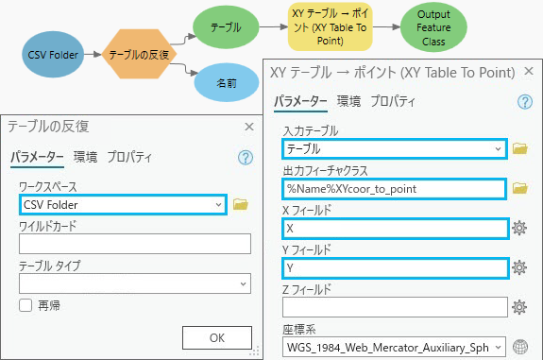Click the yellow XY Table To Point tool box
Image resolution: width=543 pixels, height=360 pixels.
[331, 27]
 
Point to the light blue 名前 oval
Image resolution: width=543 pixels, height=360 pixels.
[226, 83]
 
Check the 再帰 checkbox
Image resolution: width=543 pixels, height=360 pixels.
[25, 304]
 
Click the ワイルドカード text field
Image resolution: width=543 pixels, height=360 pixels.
[133, 244]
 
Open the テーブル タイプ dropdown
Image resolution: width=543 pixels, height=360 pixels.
[133, 283]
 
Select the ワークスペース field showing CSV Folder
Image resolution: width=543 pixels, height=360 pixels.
[123, 203]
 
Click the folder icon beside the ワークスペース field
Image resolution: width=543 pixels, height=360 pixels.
[240, 204]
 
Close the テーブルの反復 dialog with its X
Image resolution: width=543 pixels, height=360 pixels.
[248, 126]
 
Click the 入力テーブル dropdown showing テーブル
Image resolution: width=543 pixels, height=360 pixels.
[395, 148]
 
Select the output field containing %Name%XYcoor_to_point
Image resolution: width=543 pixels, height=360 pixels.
[395, 188]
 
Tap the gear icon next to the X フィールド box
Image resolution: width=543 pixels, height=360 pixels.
[518, 228]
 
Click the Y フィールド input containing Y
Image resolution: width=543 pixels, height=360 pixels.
[395, 267]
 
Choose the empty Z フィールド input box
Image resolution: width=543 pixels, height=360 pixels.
[395, 307]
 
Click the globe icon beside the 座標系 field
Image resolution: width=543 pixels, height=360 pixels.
[518, 346]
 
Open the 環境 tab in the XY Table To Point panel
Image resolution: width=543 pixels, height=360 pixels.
[348, 101]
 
